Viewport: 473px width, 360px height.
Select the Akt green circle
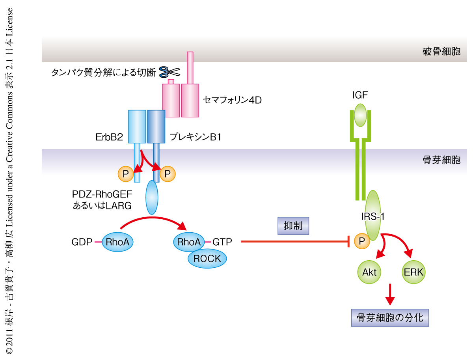coord(369,272)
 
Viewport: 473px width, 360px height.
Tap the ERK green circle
coord(414,272)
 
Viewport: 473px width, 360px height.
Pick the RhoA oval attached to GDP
coord(118,242)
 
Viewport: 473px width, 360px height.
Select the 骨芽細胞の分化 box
coord(389,317)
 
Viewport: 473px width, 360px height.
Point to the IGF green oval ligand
coord(361,115)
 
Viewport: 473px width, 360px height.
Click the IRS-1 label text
coord(373,216)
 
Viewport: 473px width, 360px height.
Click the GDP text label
coord(82,242)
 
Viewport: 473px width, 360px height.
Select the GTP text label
coord(222,242)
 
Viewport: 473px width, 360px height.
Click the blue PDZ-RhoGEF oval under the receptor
coord(152,197)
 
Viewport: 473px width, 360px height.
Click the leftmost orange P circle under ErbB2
coord(125,174)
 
